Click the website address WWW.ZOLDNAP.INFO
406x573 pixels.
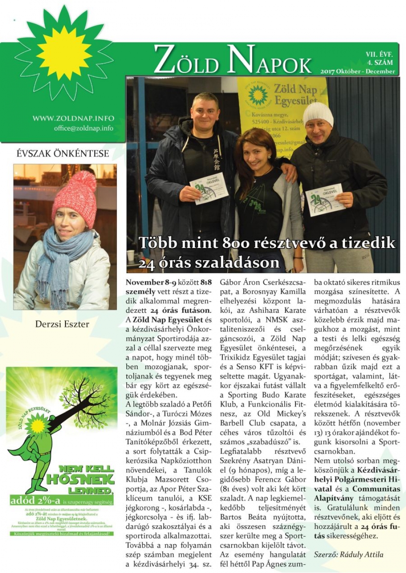tap(73, 118)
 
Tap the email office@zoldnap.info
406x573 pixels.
tap(84, 128)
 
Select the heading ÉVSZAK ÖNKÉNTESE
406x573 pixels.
tap(63, 154)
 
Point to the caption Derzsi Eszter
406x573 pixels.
tap(62, 324)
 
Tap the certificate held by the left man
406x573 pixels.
tap(209, 188)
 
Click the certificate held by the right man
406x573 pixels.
tap(324, 199)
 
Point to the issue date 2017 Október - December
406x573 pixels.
tap(357, 71)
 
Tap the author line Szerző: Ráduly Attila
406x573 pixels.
tap(348, 555)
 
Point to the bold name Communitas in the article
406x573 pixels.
tap(376, 489)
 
